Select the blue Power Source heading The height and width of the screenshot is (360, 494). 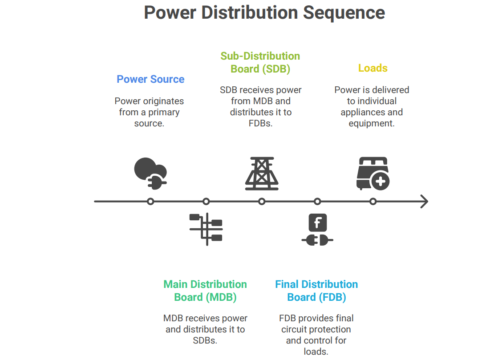(150, 79)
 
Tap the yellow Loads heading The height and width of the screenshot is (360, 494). (373, 68)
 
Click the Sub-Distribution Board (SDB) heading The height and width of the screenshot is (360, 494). (260, 62)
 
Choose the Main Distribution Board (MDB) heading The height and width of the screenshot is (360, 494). (205, 291)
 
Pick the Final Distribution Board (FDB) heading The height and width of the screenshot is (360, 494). (316, 291)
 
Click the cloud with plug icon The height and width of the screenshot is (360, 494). (150, 174)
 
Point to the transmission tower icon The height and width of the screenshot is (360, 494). (262, 174)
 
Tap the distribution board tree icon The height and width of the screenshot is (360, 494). (206, 229)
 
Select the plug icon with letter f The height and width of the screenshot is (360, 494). (317, 230)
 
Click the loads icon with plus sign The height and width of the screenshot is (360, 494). (373, 174)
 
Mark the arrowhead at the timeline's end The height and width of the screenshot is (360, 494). (424, 202)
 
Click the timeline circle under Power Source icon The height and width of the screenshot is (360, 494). (150, 202)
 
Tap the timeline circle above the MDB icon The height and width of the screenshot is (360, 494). (206, 202)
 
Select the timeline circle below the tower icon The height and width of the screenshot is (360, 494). (262, 202)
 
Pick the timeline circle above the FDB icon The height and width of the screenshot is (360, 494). (317, 202)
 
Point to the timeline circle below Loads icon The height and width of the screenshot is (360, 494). (373, 202)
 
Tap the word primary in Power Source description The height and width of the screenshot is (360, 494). (163, 112)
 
